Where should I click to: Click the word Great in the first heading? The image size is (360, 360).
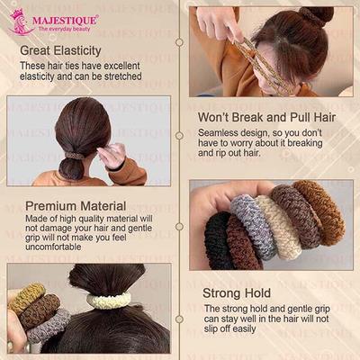[x=39, y=51]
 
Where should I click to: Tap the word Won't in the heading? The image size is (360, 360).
[x=216, y=116]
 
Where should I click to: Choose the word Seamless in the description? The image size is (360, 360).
[x=221, y=133]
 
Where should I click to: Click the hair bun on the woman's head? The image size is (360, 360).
[x=317, y=16]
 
